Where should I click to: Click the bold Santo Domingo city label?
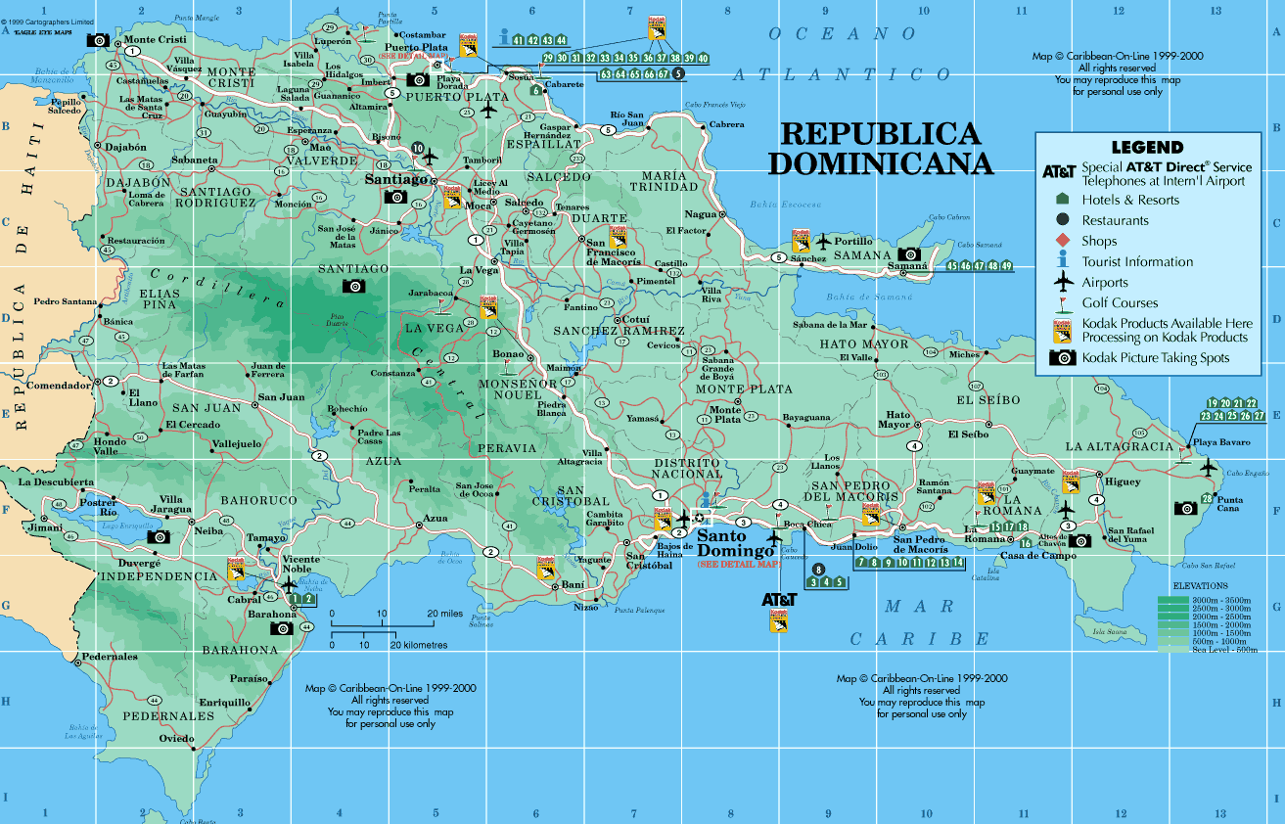pos(735,543)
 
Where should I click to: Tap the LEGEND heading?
pos(1147,148)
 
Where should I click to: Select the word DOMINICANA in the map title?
pos(880,162)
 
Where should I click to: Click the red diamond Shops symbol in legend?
pos(1063,241)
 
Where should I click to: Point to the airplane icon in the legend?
pos(1063,282)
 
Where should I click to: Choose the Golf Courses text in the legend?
pos(1120,303)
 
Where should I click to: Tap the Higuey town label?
pos(1123,481)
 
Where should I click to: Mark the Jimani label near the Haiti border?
pos(46,527)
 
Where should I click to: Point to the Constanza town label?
pos(392,374)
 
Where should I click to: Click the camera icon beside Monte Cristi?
pos(98,40)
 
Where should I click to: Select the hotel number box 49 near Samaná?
pos(1005,266)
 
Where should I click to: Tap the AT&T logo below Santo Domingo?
pos(780,598)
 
